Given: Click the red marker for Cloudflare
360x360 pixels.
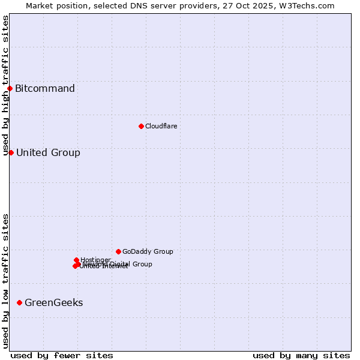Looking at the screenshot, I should (x=141, y=126).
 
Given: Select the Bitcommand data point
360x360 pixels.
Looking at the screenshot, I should (x=10, y=89).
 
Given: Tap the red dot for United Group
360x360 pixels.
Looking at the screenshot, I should (x=11, y=152).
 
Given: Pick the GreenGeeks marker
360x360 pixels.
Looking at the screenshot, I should (x=20, y=302).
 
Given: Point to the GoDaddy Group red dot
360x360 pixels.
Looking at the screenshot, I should (x=118, y=251).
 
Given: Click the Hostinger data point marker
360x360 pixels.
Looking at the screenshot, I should (x=76, y=260).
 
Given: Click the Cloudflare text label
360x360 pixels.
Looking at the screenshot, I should (x=161, y=126).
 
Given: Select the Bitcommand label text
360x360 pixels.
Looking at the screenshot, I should (x=45, y=89).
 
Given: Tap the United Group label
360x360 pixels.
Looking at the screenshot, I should (x=48, y=152).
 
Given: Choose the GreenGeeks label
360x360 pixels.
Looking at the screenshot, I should (x=53, y=302).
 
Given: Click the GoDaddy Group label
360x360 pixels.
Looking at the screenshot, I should (x=148, y=251).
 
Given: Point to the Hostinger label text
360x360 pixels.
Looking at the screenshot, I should (x=95, y=260).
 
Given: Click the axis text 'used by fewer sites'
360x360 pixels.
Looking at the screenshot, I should (x=62, y=355).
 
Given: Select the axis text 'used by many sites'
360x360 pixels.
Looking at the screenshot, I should (x=301, y=355).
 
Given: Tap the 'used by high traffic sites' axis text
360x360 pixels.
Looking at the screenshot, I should (x=6, y=85).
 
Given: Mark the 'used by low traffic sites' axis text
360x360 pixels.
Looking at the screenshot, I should (x=6, y=281).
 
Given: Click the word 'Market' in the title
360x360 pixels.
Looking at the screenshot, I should (x=39, y=5).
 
